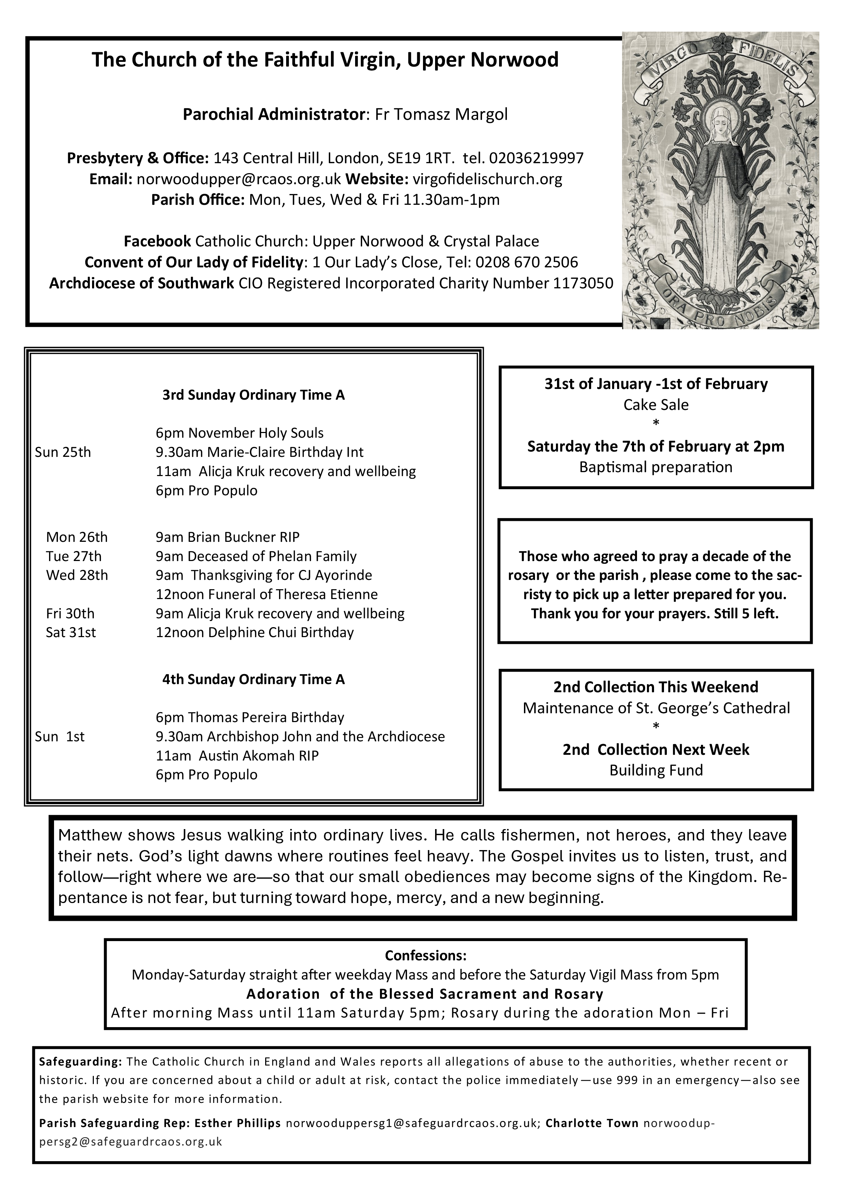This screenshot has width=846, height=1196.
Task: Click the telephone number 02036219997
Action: coord(536,158)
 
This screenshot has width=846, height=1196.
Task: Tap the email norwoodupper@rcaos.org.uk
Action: coord(238,179)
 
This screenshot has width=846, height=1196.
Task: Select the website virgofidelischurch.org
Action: coord(487,179)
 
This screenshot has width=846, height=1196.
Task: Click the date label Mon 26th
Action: coord(76,537)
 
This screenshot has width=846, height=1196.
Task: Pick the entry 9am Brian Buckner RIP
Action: coord(227,537)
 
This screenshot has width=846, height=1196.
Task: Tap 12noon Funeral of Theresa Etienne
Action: coord(266,594)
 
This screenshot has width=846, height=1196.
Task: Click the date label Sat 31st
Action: coord(71,632)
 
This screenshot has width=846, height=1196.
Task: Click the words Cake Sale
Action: coord(655,405)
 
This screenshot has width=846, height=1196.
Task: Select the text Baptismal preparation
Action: coord(655,467)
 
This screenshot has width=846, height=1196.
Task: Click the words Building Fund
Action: coord(655,770)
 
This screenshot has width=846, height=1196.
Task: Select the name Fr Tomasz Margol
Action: coord(441,114)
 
